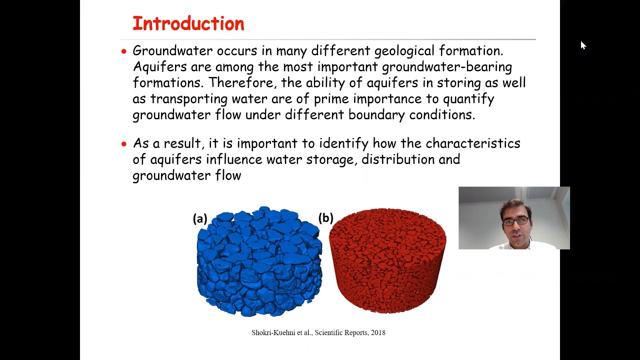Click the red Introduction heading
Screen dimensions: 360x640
pyautogui.click(x=188, y=23)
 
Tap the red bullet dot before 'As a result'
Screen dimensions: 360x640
pyautogui.click(x=124, y=144)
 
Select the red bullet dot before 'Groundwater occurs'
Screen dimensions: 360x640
pyautogui.click(x=124, y=51)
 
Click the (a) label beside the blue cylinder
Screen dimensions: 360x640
pyautogui.click(x=200, y=218)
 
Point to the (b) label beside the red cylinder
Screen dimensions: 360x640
pyautogui.click(x=325, y=218)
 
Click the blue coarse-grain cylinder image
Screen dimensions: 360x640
pyautogui.click(x=259, y=261)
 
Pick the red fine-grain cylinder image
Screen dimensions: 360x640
pyautogui.click(x=387, y=260)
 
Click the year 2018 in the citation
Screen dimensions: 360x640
pyautogui.click(x=378, y=332)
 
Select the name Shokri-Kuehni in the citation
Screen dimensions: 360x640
pyautogui.click(x=273, y=332)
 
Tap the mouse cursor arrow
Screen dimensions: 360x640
pyautogui.click(x=583, y=45)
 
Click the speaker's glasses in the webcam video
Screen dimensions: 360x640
pyautogui.click(x=515, y=220)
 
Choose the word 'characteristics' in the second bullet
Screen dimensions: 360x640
pyautogui.click(x=472, y=143)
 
